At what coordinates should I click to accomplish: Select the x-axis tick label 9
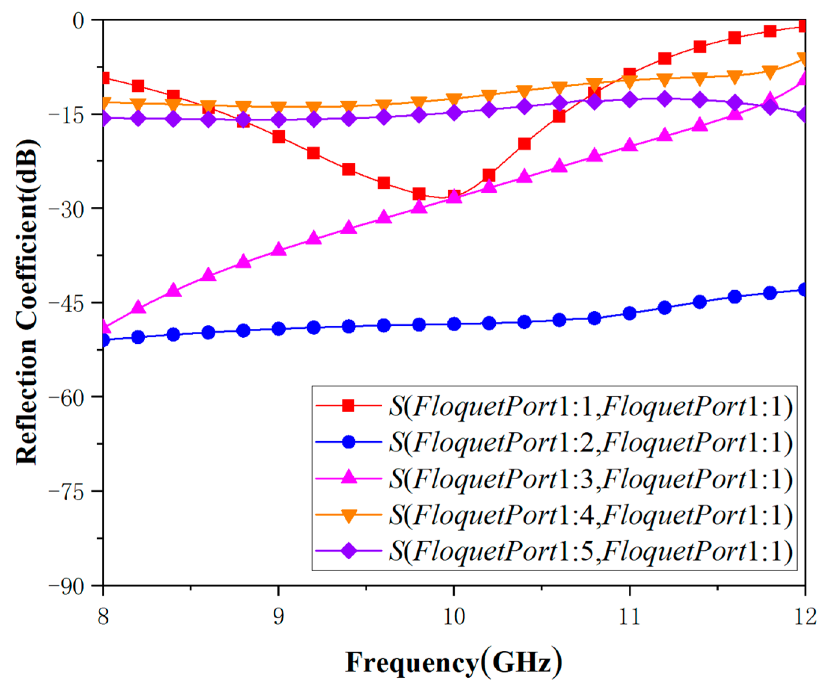279,617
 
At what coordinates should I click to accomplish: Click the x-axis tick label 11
629,617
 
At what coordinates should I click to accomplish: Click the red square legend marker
348,405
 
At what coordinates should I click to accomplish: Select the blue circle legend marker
348,442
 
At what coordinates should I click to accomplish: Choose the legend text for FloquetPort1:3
591,479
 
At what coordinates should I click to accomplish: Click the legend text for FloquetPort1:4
591,515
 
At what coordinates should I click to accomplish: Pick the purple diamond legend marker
348,551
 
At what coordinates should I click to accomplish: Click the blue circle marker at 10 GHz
454,324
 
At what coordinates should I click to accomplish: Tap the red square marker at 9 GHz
279,137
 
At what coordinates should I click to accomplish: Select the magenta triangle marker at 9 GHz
279,250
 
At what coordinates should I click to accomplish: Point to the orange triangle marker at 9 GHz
279,108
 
